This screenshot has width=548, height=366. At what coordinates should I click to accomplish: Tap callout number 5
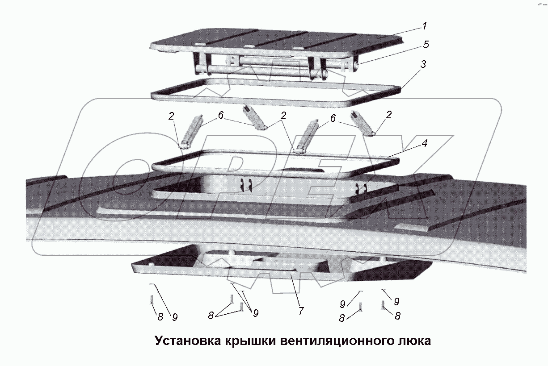click(426, 44)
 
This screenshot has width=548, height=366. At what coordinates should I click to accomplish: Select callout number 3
click(422, 64)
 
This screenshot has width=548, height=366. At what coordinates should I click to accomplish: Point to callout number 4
click(424, 144)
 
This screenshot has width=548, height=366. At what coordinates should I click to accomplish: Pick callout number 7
click(301, 311)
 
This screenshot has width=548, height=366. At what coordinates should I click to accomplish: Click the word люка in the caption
click(414, 341)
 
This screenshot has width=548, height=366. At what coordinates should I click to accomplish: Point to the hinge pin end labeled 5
click(358, 65)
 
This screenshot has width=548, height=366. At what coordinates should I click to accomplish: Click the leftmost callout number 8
click(160, 316)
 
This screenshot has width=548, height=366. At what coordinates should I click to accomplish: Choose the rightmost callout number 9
click(396, 301)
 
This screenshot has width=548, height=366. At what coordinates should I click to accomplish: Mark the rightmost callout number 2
click(388, 115)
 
